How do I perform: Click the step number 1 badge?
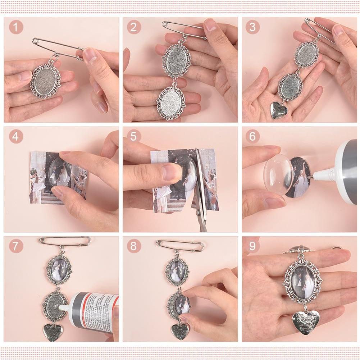16,27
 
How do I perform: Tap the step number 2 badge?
134,27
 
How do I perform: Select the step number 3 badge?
252,27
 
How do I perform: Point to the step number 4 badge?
16,137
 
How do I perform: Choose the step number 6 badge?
252,137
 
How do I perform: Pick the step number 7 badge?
16,246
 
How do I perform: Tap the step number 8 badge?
134,246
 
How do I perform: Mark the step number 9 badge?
252,246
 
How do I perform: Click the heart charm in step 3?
279,110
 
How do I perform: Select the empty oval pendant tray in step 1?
46,81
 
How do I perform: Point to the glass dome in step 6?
278,174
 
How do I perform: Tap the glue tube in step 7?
94,310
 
